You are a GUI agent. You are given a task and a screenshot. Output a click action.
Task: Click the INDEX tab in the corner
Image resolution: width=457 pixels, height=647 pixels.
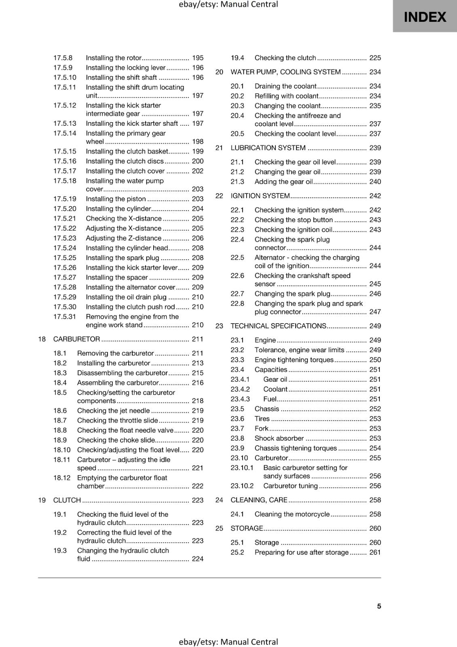[x=425, y=17]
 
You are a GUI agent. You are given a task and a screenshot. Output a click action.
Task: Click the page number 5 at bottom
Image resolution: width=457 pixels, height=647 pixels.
[x=379, y=606]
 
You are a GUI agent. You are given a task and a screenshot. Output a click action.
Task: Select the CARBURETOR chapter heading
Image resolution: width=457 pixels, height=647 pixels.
[x=76, y=339]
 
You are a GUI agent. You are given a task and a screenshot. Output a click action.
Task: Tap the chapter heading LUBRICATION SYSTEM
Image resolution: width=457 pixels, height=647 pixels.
[x=268, y=148]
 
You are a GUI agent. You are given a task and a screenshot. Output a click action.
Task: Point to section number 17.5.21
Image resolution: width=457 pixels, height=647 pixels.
[x=65, y=218]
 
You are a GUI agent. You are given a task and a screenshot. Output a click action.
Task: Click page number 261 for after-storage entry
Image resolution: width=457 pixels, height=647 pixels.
[x=375, y=552]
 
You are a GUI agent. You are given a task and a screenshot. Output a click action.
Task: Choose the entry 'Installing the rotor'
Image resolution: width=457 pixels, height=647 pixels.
[x=113, y=58]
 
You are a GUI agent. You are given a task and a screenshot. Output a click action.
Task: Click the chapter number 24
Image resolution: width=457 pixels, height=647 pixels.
[x=219, y=500]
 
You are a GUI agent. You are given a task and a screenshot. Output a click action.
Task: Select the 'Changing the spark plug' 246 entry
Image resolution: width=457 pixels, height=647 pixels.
[x=292, y=294]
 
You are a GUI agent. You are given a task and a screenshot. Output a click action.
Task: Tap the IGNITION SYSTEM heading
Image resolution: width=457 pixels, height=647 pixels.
[x=260, y=196]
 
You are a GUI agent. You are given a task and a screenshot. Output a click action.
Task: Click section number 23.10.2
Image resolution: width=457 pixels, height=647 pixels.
[x=242, y=486]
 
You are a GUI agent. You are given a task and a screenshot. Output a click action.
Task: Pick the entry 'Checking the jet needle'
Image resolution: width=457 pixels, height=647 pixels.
[x=113, y=410]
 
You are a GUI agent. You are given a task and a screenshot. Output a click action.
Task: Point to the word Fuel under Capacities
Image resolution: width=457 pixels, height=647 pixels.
[x=270, y=399]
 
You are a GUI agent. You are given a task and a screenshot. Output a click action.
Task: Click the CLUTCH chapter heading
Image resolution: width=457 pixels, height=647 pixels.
[x=67, y=500]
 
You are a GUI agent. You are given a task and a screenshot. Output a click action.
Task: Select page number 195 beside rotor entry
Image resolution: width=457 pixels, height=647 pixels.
[x=198, y=58]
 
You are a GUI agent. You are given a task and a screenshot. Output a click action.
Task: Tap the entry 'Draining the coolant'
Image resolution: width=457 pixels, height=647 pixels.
[x=285, y=86]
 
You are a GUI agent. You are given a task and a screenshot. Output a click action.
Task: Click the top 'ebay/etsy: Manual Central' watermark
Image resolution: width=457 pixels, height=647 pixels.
[x=228, y=4]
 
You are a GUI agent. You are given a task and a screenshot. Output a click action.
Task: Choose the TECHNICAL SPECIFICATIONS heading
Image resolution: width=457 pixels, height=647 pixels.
[x=278, y=326]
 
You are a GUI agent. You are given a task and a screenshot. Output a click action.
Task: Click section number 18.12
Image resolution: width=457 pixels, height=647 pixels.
[x=62, y=478]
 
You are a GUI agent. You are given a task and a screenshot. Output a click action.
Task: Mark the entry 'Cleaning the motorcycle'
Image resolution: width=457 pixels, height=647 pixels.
[x=292, y=514]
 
